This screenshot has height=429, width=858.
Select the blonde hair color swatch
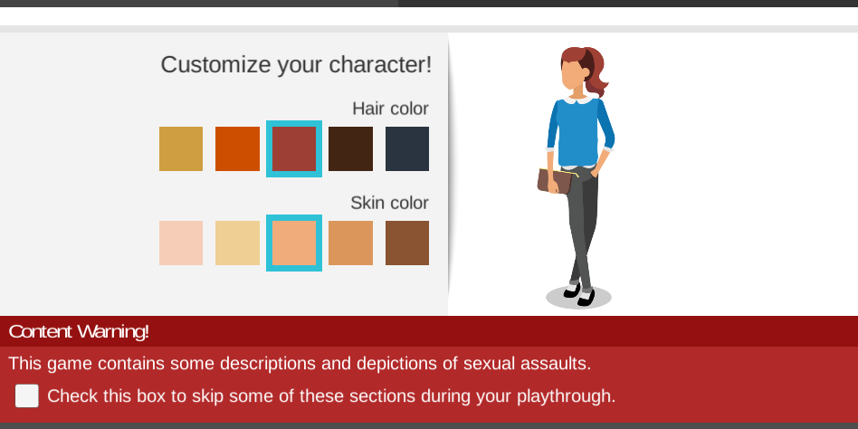pyautogui.click(x=181, y=148)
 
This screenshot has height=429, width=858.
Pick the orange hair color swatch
pyautogui.click(x=237, y=148)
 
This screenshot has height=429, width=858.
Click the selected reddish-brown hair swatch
pyautogui.click(x=294, y=148)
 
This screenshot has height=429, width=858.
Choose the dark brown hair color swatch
pyautogui.click(x=351, y=148)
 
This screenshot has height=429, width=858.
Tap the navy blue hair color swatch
pyautogui.click(x=407, y=148)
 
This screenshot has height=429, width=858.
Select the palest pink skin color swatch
pyautogui.click(x=181, y=243)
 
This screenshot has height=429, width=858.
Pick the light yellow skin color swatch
pyautogui.click(x=237, y=243)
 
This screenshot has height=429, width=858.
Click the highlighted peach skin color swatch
pyautogui.click(x=294, y=243)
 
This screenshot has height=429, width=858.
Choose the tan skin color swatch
pyautogui.click(x=351, y=243)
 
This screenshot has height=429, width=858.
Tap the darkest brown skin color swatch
pyautogui.click(x=407, y=243)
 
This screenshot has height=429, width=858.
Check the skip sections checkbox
pyautogui.click(x=27, y=396)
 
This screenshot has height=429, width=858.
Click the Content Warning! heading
pyautogui.click(x=79, y=331)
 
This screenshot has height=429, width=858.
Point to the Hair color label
pyautogui.click(x=390, y=109)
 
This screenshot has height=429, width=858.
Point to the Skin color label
pyautogui.click(x=389, y=203)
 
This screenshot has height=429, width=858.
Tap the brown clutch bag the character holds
pyautogui.click(x=555, y=181)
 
